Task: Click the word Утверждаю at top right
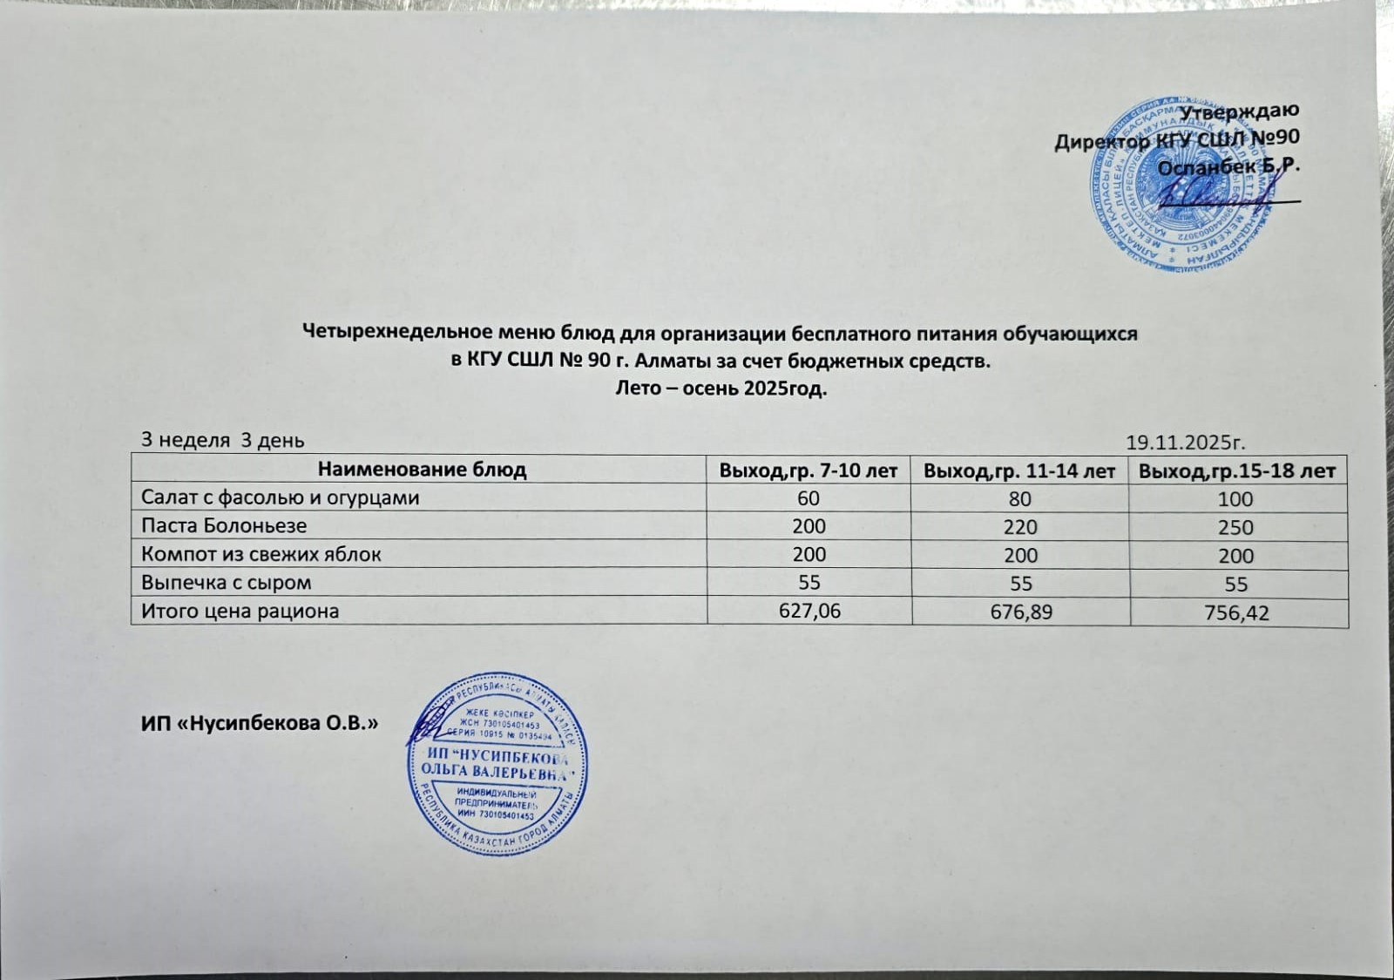point(1239,111)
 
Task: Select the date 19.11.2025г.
point(1186,442)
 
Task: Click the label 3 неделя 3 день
point(223,440)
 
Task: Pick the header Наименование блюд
point(422,470)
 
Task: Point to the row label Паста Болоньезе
point(224,526)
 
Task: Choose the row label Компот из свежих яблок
point(261,555)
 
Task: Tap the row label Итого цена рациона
point(240,612)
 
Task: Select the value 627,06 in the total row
point(809,612)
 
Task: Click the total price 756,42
point(1236,613)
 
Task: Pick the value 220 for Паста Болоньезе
point(1020,527)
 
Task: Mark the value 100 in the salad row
point(1235,499)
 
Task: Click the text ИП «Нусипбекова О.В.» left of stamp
point(259,723)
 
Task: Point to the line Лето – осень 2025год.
point(721,389)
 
